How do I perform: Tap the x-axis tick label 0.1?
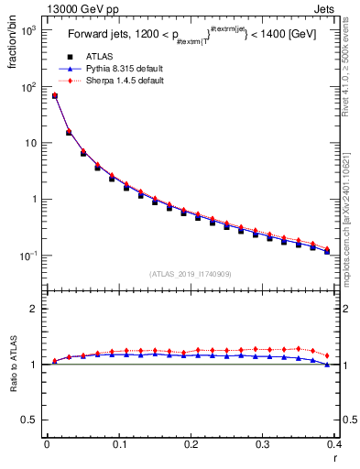(118, 444)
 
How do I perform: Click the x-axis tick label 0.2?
(191, 444)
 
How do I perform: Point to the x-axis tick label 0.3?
(263, 444)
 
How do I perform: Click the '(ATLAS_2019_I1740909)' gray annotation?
(191, 274)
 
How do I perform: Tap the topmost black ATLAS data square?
(54, 96)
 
